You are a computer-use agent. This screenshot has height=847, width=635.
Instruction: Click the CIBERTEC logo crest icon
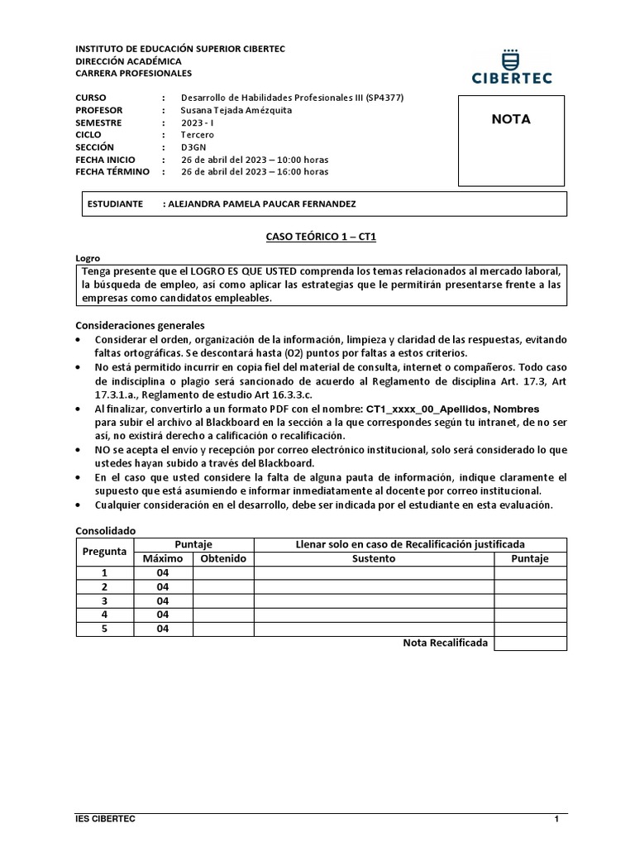click(510, 59)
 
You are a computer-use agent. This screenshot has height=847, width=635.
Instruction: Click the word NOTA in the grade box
click(511, 119)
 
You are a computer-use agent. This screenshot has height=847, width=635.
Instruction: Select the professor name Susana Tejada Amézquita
click(236, 110)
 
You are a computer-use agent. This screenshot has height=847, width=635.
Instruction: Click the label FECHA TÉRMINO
click(112, 172)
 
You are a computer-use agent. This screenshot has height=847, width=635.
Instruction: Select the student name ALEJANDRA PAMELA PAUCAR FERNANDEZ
click(262, 203)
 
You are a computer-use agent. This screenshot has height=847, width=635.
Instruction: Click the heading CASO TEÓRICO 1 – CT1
click(321, 237)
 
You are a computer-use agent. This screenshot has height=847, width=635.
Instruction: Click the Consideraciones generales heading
click(140, 325)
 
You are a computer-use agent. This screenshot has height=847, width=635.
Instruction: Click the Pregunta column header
click(104, 551)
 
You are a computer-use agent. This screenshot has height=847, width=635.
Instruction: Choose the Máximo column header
click(163, 558)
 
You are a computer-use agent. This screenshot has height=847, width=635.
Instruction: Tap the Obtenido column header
click(223, 558)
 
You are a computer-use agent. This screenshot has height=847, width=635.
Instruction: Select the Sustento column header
click(374, 558)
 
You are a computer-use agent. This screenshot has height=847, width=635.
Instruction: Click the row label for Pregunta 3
click(104, 601)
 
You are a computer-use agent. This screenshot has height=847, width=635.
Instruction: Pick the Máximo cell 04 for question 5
click(163, 629)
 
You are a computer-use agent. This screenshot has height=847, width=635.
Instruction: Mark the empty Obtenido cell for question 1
click(223, 572)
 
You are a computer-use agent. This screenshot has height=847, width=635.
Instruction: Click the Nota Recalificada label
click(445, 643)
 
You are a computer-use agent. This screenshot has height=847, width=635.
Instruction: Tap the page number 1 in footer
click(556, 819)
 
